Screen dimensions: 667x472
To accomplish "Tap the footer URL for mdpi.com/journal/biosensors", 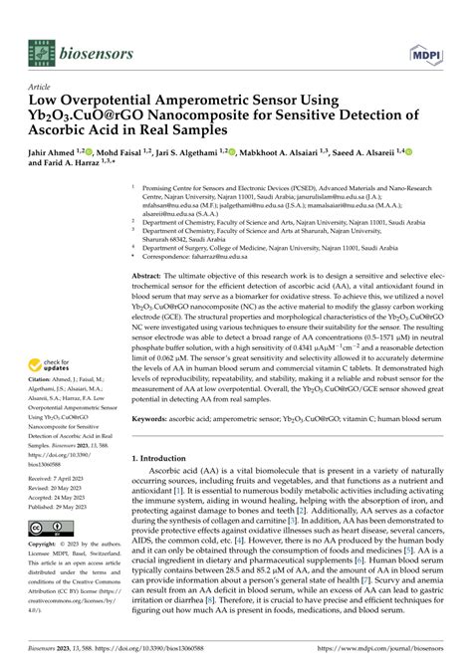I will [x=399, y=657].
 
